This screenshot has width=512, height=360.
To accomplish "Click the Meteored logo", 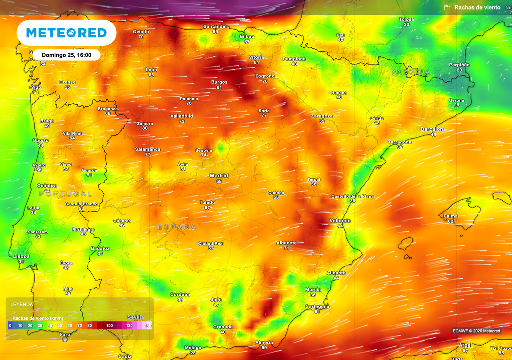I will pos(66,33).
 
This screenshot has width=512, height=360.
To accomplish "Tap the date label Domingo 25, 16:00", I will pos(66,55).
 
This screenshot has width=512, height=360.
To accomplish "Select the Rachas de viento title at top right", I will pos(477,8).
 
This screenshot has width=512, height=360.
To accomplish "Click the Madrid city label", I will pos(219,176).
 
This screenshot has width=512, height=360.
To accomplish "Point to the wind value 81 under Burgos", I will pos(219,88).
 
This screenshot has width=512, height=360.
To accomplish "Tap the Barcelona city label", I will pos(433,129).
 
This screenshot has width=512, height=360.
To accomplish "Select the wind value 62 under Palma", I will pos(450,221).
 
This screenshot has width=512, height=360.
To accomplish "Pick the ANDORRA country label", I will pos(411,72).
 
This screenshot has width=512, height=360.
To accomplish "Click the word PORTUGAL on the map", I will pos(65,193).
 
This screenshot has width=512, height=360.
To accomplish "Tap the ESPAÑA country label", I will pos(177,227).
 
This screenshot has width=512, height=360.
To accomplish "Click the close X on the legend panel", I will pos(145,302).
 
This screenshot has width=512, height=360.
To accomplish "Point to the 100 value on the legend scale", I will pos(109,326).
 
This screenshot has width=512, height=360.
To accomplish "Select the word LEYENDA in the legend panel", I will pos(23,304).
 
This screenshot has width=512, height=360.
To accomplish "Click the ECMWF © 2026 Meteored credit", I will pos(476,331).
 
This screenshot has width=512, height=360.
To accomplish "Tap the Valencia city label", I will pos(340,221).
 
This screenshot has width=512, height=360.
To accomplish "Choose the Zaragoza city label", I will pos(322,116).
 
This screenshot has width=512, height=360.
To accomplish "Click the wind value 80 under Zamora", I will pos(145,128).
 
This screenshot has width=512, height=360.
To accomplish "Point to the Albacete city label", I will pos(287,243).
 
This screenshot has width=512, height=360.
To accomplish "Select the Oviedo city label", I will pos(141,32).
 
